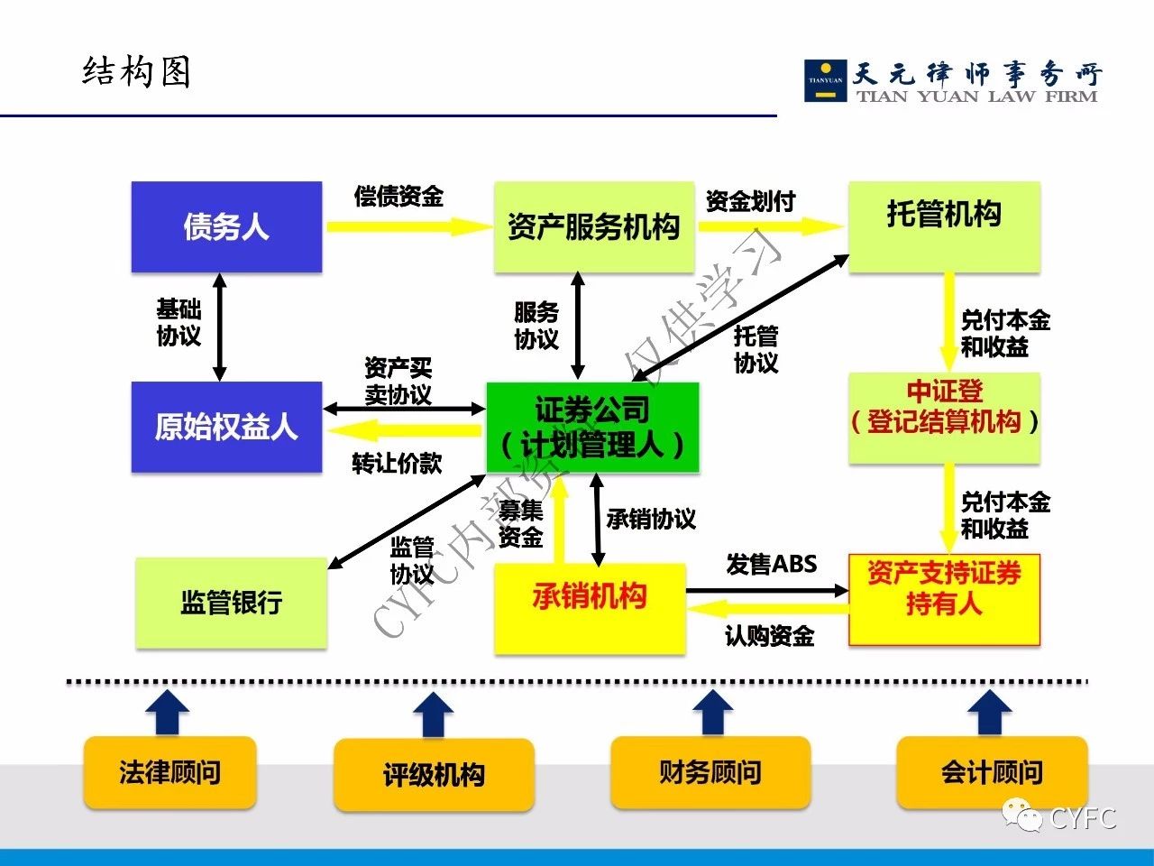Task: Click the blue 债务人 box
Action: [x=226, y=226]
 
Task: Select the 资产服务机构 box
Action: [x=593, y=226]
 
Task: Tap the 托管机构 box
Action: [x=944, y=226]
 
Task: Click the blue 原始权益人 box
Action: [x=226, y=427]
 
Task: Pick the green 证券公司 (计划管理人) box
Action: [x=592, y=428]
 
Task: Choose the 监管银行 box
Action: [x=231, y=602]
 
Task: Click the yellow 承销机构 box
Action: [x=590, y=607]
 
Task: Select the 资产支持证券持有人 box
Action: [x=944, y=600]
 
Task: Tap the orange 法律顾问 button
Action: [x=169, y=772]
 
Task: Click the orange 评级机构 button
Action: [x=434, y=775]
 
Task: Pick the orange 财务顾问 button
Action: [x=710, y=772]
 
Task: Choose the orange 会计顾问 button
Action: [x=992, y=772]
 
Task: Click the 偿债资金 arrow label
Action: [x=398, y=196]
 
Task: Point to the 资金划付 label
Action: [x=750, y=200]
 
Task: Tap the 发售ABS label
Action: [x=772, y=565]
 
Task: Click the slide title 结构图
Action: [x=136, y=72]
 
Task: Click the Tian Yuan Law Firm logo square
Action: [x=825, y=80]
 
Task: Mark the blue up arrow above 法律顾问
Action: [x=167, y=714]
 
